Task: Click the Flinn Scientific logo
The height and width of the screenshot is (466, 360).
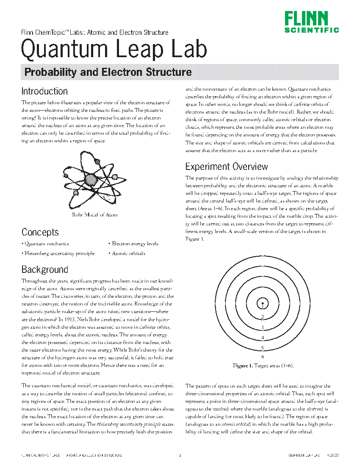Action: coord(311,22)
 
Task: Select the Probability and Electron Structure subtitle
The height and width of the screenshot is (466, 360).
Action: coord(108,72)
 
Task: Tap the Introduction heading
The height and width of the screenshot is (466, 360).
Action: coord(44,91)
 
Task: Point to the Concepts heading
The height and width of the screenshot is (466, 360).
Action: coord(40,232)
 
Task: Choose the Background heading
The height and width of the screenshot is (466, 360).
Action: coord(45,269)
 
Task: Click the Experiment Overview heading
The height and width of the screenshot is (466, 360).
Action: coord(227,166)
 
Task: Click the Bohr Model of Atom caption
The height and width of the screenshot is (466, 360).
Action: coord(94,215)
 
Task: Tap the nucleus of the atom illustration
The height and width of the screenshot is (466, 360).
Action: coord(90,181)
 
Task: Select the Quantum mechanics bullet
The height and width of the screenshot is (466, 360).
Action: coord(47,244)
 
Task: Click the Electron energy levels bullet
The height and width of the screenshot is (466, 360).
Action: coord(135,244)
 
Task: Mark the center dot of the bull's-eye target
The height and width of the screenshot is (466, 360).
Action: coord(263,303)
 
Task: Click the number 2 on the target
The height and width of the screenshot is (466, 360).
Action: coord(263,317)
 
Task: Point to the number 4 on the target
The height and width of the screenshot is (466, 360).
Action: coord(263,338)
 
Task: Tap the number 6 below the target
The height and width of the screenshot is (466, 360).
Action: coord(263,357)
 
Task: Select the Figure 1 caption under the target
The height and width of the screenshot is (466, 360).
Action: coord(263,366)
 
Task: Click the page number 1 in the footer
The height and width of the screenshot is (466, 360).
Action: coord(180,455)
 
